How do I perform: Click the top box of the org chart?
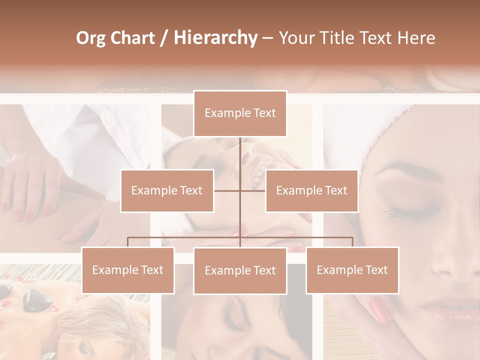(240, 113)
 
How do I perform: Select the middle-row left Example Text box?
(167, 190)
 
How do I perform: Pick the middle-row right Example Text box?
(311, 190)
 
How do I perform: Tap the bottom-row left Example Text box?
(128, 270)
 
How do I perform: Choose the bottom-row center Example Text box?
(240, 270)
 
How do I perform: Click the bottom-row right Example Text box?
(352, 270)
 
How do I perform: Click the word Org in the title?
(90, 38)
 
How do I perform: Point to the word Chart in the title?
(132, 38)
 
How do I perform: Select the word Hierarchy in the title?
(215, 38)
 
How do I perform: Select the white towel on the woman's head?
(350, 135)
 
